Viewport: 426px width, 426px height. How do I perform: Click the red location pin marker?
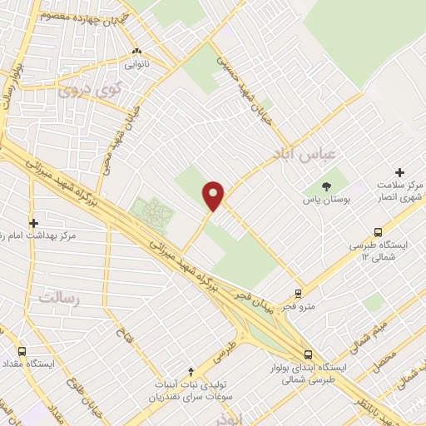coord(214,195)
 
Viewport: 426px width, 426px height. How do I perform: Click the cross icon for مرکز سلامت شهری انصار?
coord(400,173)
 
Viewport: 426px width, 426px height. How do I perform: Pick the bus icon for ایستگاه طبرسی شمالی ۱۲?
coord(378,233)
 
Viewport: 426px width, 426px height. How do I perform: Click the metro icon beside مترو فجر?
coord(299,294)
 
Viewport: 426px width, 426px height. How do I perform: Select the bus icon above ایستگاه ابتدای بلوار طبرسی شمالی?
coord(309,353)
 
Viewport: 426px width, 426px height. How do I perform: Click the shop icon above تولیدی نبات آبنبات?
coord(192,371)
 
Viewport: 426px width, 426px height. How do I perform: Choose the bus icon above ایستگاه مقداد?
coord(22,352)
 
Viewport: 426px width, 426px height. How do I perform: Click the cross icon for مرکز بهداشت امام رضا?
coord(34,223)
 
